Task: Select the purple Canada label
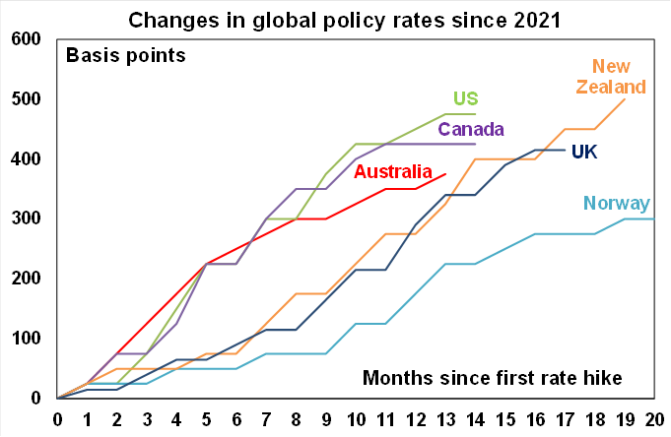(x=471, y=130)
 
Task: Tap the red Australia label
(x=393, y=172)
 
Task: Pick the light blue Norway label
(x=616, y=204)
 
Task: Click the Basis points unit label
(x=125, y=55)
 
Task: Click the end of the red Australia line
(x=445, y=173)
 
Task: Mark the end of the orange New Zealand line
(x=625, y=98)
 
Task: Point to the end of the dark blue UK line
(x=565, y=150)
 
